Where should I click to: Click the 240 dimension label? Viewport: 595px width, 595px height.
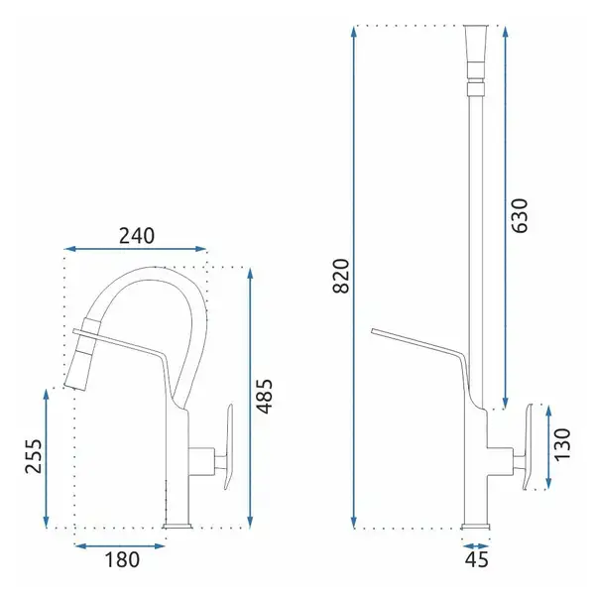point(137,236)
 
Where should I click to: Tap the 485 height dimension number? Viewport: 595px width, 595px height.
point(265,396)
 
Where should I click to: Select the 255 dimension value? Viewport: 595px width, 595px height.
point(34,456)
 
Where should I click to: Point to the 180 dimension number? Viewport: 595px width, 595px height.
point(122,560)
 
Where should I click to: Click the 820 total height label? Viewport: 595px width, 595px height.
point(340,276)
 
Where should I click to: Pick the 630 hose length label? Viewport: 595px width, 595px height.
point(520,215)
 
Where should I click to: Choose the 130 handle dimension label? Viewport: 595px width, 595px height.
point(562,444)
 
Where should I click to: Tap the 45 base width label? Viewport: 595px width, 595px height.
point(477,560)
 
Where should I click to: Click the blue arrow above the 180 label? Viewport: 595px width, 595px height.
point(120,546)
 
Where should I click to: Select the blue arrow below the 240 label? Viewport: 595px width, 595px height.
point(136,249)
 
